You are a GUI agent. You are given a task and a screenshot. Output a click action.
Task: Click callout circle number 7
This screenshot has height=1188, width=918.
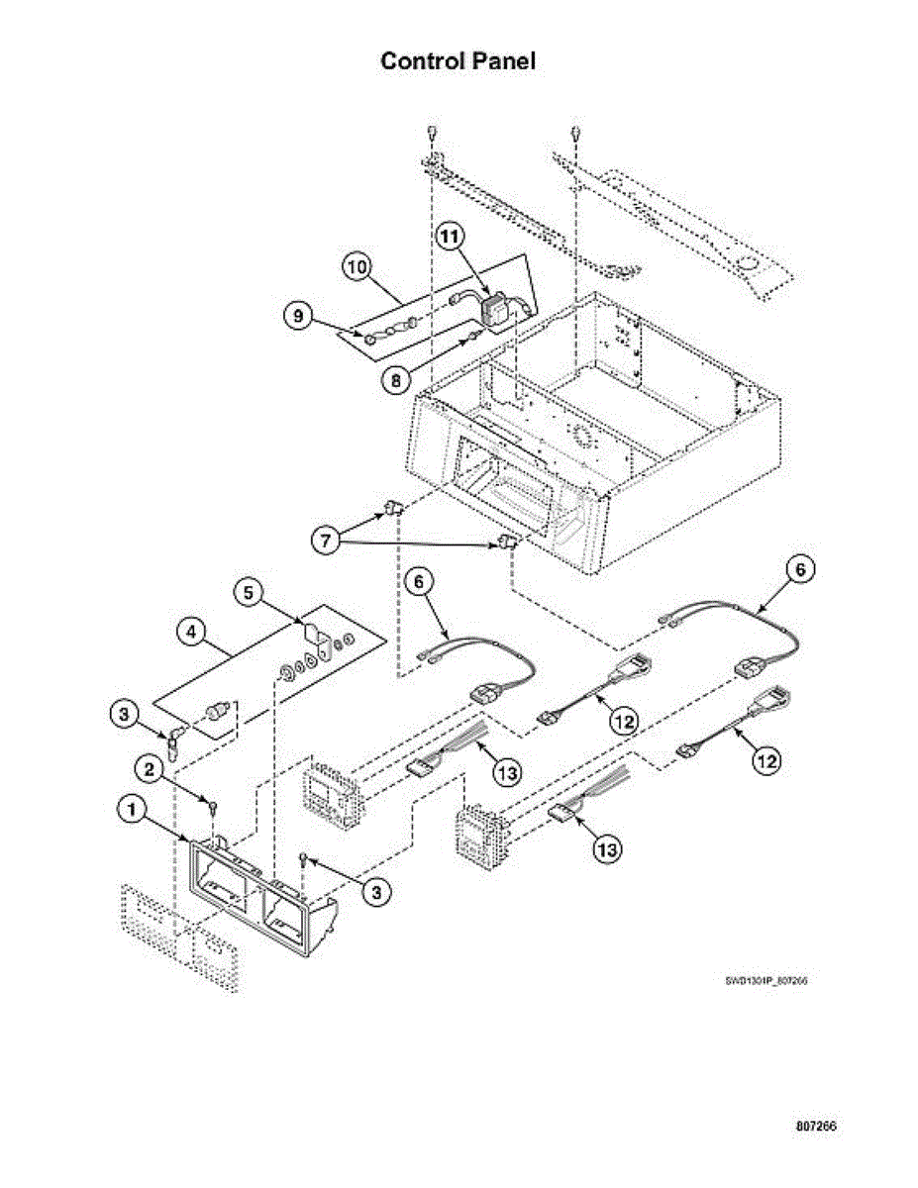coord(327,543)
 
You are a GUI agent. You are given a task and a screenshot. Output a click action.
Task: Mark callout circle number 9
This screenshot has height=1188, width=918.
coord(296,317)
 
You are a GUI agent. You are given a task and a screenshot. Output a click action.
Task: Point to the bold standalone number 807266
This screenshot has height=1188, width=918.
coord(817,1128)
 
